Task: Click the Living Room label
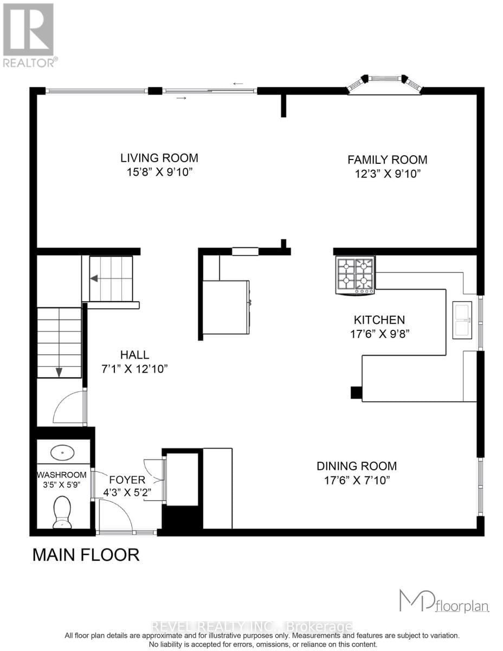[159, 158]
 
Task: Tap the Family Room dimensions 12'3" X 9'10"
[387, 174]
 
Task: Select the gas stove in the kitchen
[356, 275]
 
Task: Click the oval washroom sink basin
[62, 451]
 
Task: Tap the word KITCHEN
[379, 320]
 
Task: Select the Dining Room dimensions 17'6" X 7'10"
[357, 480]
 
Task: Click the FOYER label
[127, 480]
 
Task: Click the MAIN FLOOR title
[86, 555]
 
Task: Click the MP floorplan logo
[444, 601]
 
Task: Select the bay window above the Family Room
[384, 83]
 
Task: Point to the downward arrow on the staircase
[59, 372]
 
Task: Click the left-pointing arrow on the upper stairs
[94, 278]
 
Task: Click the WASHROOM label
[62, 475]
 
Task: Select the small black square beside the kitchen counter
[356, 392]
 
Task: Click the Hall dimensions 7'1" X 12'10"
[134, 369]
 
